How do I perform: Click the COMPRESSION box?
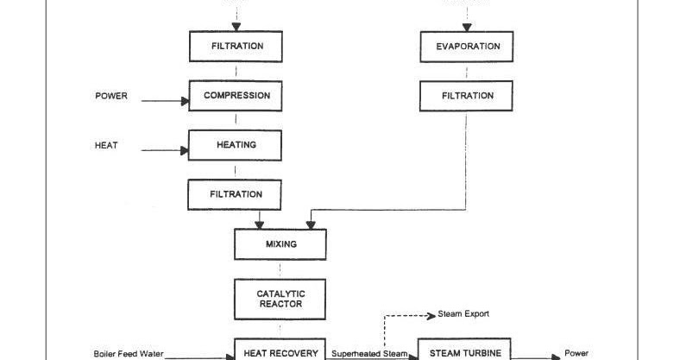(x=236, y=96)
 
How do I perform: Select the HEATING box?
(x=236, y=145)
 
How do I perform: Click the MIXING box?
(x=280, y=244)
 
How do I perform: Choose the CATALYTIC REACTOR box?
(x=280, y=299)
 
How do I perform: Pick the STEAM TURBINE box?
(x=464, y=351)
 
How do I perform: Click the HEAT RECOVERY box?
(x=280, y=351)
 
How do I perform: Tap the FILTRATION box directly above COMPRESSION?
(x=236, y=47)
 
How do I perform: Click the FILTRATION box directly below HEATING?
(x=236, y=194)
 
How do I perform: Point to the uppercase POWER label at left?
(x=110, y=97)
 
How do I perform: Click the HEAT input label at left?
(x=106, y=146)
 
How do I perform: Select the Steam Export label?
(x=463, y=313)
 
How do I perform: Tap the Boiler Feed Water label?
(x=128, y=354)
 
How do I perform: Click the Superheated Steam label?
(x=369, y=354)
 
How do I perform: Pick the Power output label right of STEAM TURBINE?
(x=576, y=353)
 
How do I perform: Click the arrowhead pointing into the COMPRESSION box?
(x=184, y=101)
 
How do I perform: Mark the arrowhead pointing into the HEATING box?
(x=184, y=150)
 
